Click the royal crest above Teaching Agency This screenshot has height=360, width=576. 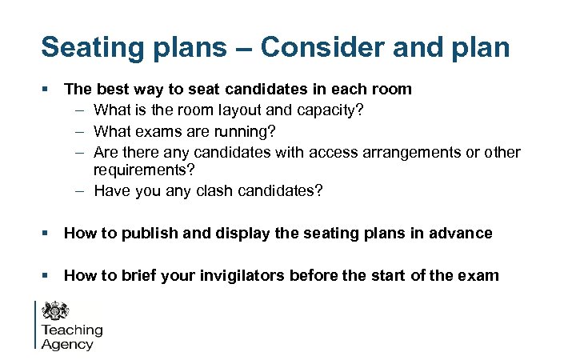(56, 311)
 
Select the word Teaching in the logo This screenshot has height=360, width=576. (72, 330)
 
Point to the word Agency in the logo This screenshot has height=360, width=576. (67, 345)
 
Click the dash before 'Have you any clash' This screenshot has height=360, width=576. (82, 190)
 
